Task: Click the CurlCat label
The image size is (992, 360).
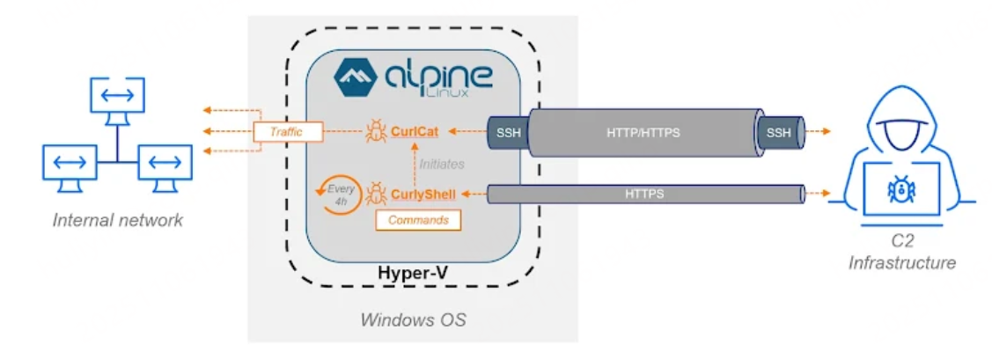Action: pyautogui.click(x=417, y=133)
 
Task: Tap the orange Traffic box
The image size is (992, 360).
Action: pyautogui.click(x=285, y=133)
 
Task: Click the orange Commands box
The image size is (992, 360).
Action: pyautogui.click(x=418, y=220)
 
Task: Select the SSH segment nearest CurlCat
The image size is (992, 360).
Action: pyautogui.click(x=506, y=133)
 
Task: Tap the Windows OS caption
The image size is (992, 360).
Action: pyautogui.click(x=412, y=320)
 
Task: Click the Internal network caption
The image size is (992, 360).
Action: pyautogui.click(x=118, y=220)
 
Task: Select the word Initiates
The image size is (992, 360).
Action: pyautogui.click(x=442, y=163)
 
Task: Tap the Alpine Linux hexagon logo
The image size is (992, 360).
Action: pyautogui.click(x=356, y=78)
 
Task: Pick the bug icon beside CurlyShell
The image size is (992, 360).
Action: pyautogui.click(x=376, y=192)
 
